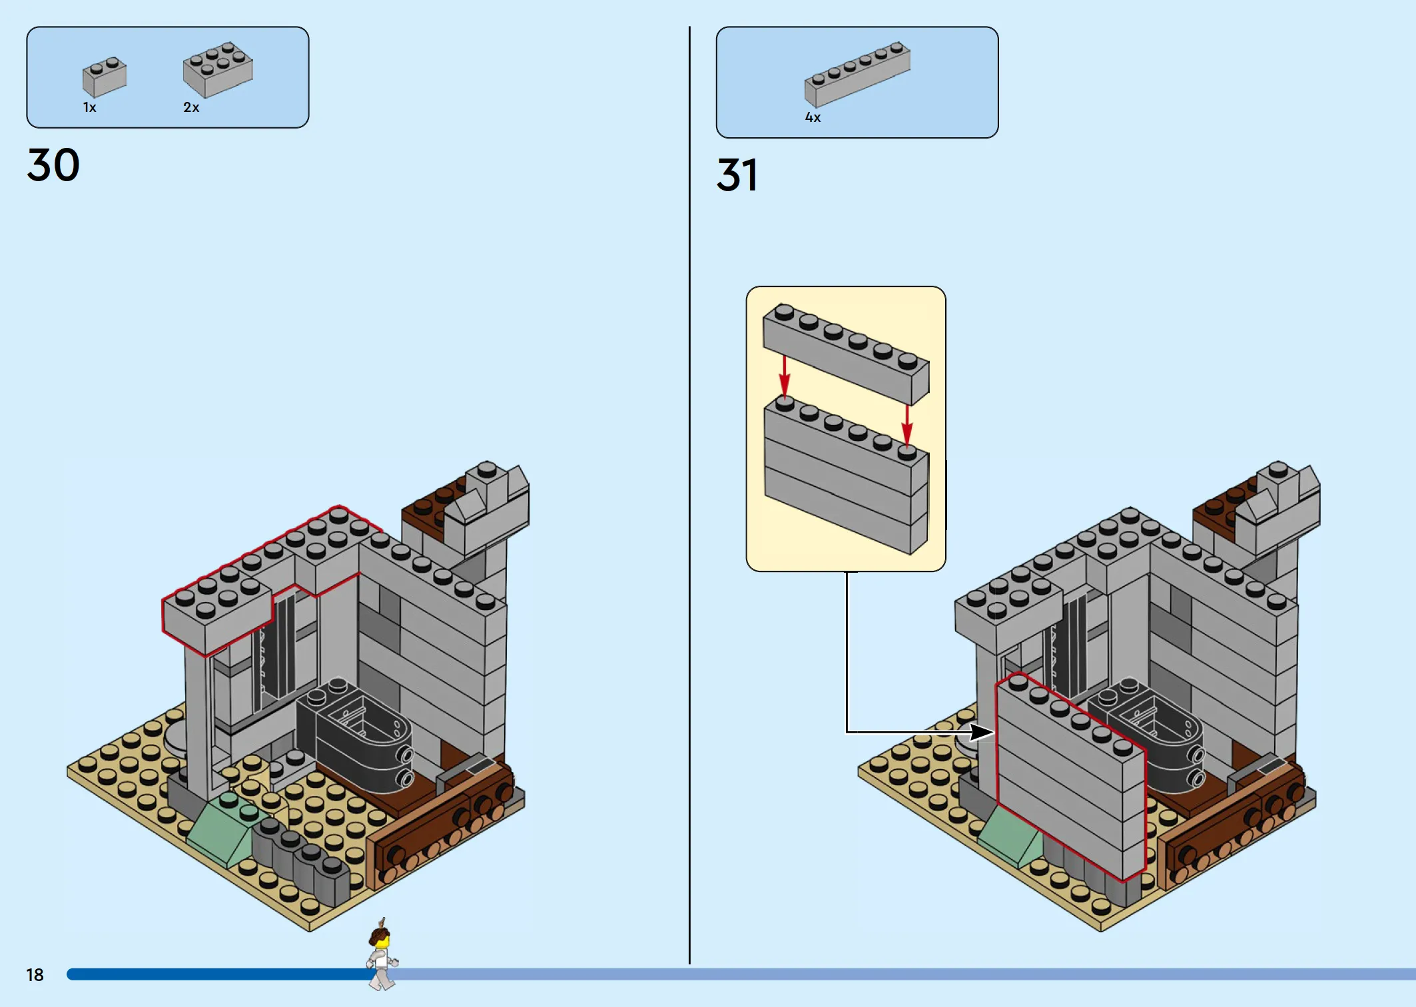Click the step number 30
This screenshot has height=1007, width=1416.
click(53, 165)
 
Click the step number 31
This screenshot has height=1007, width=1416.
click(737, 174)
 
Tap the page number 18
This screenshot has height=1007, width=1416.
click(35, 975)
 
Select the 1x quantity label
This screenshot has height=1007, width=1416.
click(89, 107)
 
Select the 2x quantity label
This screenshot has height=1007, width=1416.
click(191, 107)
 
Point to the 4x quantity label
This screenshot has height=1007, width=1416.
click(813, 117)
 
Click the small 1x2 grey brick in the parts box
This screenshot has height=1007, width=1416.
click(105, 76)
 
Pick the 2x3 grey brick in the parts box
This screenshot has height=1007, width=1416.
click(218, 69)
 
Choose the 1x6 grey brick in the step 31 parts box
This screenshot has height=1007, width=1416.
click(857, 74)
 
